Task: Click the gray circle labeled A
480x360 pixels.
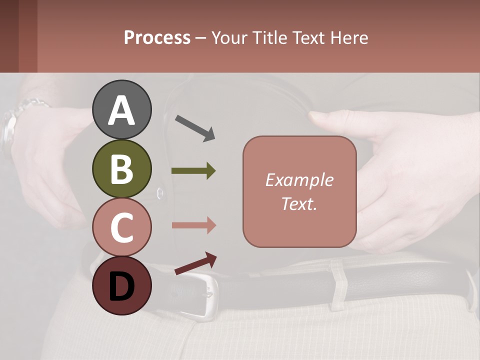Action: point(122,109)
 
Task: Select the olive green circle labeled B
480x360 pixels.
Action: point(122,169)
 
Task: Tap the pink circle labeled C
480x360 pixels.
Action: point(122,227)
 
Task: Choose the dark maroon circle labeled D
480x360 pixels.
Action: point(122,285)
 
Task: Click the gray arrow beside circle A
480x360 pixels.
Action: point(195,127)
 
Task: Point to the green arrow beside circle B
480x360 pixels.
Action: point(193,171)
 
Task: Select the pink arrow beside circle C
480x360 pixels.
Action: point(193,225)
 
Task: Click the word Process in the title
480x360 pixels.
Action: point(157,37)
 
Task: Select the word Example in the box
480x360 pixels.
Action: point(299,180)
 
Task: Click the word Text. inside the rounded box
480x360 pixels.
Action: point(299,203)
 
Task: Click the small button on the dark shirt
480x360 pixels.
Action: point(159,191)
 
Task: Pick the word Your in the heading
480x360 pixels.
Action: point(229,37)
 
